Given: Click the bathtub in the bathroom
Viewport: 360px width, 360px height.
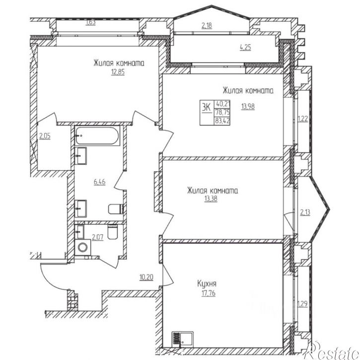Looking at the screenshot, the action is (98, 136).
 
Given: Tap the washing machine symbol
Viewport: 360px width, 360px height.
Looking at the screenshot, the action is (82, 247).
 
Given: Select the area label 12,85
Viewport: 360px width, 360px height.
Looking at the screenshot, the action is (118, 72).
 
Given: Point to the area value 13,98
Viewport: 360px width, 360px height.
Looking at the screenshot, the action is (248, 106).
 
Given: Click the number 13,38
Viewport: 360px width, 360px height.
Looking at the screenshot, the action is (211, 199).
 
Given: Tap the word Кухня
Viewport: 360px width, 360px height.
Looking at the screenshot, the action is (207, 284).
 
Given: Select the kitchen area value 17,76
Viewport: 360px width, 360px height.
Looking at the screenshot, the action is (209, 293).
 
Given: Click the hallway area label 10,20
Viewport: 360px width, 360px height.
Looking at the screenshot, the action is (146, 278).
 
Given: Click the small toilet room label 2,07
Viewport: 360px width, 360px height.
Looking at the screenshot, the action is (98, 237).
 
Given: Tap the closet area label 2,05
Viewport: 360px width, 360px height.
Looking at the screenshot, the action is (45, 136).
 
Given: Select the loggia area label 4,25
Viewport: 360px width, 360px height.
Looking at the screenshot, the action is (245, 48).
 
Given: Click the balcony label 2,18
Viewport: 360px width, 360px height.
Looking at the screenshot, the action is (207, 25).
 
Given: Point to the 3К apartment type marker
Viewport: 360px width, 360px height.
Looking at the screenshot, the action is (207, 107).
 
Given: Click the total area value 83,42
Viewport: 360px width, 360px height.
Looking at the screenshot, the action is (222, 121).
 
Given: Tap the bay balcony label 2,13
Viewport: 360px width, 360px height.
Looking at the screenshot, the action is (305, 212).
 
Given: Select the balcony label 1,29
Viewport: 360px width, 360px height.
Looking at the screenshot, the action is (302, 304).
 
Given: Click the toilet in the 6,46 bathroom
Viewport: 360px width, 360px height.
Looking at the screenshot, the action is (116, 209).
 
